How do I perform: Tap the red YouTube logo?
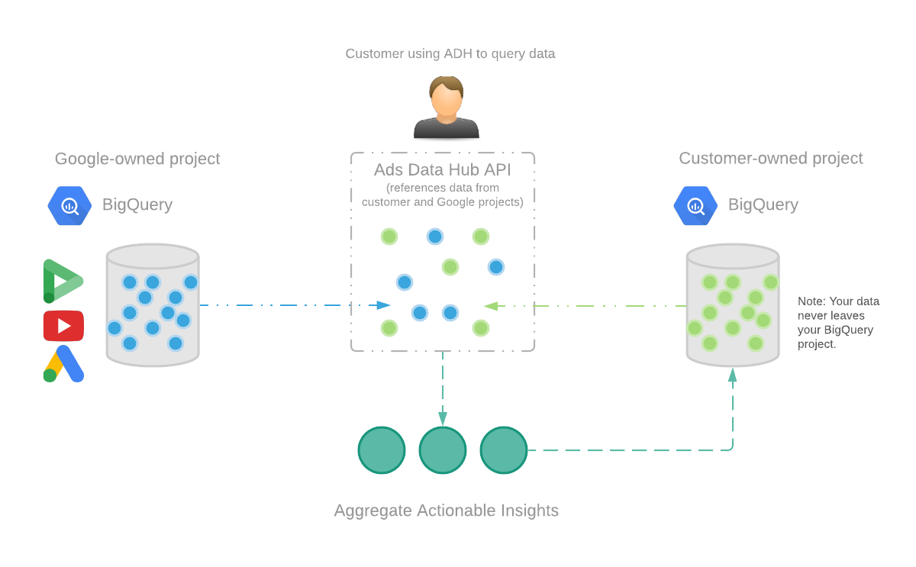coord(63,326)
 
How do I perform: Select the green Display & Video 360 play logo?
coord(62,281)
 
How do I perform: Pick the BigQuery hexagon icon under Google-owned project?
coord(69,205)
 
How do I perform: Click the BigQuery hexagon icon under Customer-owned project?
coord(695,205)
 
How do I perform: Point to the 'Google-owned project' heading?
coord(137,159)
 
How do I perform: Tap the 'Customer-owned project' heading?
coord(770,158)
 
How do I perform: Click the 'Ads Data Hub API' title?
coord(443,169)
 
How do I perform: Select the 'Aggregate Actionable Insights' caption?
coord(446,511)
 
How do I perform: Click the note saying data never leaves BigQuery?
coord(838,323)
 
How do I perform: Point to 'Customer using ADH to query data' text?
coord(450,53)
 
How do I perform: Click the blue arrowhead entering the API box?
coord(384,305)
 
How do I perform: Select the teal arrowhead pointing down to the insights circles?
coord(443,418)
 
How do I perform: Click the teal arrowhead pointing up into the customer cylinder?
coord(733,375)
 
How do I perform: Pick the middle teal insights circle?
coord(443,450)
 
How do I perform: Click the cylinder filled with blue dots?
coord(153,305)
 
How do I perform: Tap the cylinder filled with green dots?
coord(733,305)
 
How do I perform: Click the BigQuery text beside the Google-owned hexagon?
coord(137,205)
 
